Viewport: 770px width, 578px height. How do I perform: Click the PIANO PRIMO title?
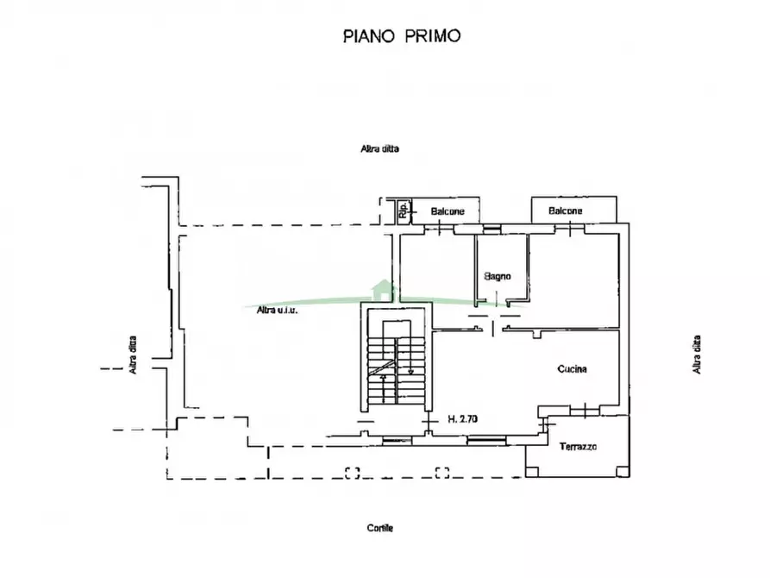(x=402, y=36)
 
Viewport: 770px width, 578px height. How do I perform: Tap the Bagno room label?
(x=498, y=276)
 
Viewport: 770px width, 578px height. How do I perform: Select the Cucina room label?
(x=572, y=368)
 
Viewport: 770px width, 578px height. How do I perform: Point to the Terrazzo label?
(x=578, y=447)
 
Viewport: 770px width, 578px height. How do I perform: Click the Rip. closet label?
(x=404, y=210)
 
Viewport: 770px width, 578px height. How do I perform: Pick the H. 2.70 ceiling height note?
(x=462, y=418)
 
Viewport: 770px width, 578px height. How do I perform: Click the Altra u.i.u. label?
(x=277, y=310)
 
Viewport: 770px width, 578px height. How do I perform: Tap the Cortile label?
(x=380, y=528)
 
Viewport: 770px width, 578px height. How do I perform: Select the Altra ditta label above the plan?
(x=380, y=148)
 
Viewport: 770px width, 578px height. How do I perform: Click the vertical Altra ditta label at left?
(x=133, y=355)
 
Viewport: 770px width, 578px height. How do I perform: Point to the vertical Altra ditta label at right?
(x=697, y=355)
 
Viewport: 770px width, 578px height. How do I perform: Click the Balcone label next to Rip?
(x=448, y=211)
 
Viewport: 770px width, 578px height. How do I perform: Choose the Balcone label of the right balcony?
(x=566, y=210)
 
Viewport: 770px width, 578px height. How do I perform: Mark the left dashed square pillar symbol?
(x=353, y=473)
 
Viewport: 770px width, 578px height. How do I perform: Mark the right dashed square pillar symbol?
(x=442, y=473)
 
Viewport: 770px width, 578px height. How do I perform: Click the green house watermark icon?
(x=382, y=290)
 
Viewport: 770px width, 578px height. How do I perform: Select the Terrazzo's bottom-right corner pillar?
(x=623, y=471)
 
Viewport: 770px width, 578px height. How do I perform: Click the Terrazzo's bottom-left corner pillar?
(x=531, y=471)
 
